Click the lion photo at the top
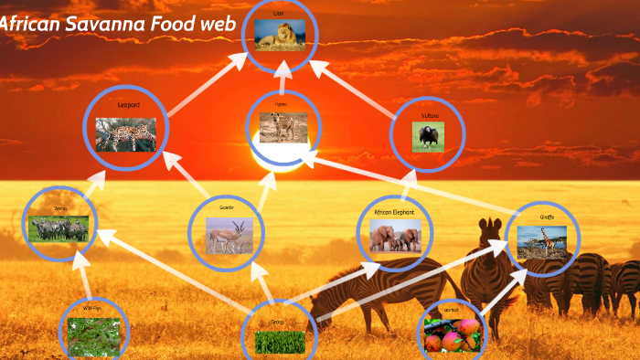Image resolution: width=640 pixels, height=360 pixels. (x=280, y=36)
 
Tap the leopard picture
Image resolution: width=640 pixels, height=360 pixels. (x=126, y=134)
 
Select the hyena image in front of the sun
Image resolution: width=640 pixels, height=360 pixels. (x=283, y=128)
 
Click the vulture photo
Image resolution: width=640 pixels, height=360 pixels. (x=428, y=137)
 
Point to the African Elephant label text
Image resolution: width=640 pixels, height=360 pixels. (x=394, y=212)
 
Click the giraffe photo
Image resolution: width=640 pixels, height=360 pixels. (x=542, y=243)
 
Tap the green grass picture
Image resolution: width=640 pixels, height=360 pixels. (x=279, y=342)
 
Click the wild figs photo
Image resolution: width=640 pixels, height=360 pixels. (x=93, y=337)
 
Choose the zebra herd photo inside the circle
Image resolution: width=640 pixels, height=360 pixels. (x=59, y=228)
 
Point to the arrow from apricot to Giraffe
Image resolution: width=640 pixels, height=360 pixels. (x=498, y=292)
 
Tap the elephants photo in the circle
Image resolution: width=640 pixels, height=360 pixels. (x=395, y=238)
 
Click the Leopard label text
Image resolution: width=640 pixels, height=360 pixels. (x=129, y=105)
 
